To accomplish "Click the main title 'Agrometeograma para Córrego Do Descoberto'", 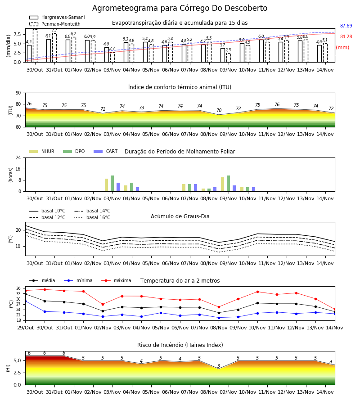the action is pos(180,8).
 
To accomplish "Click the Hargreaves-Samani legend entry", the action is pos(57,17).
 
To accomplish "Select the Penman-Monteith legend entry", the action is pos(55,24).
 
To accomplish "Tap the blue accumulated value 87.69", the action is pos(346,26).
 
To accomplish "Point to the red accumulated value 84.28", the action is pos(346,37).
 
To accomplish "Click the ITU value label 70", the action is pos(219,110).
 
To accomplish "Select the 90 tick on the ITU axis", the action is pos(18,93).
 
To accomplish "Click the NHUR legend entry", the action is pos(42,151).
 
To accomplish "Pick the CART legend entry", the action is pos(106,151).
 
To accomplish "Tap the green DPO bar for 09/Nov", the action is pos(228,184).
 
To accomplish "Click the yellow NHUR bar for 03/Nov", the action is pos(106,185).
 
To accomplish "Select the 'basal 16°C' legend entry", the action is pos(92,217).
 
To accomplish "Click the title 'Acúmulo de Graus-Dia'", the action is pos(180,216).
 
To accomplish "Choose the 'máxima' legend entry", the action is pos(116,280).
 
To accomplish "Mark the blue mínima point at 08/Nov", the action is pos(219,318).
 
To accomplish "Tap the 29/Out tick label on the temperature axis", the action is pos(26,328).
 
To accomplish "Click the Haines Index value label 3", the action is pos(219,366).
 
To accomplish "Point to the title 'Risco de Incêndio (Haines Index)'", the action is pos(180,345).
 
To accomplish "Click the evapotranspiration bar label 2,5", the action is pos(228,50).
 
